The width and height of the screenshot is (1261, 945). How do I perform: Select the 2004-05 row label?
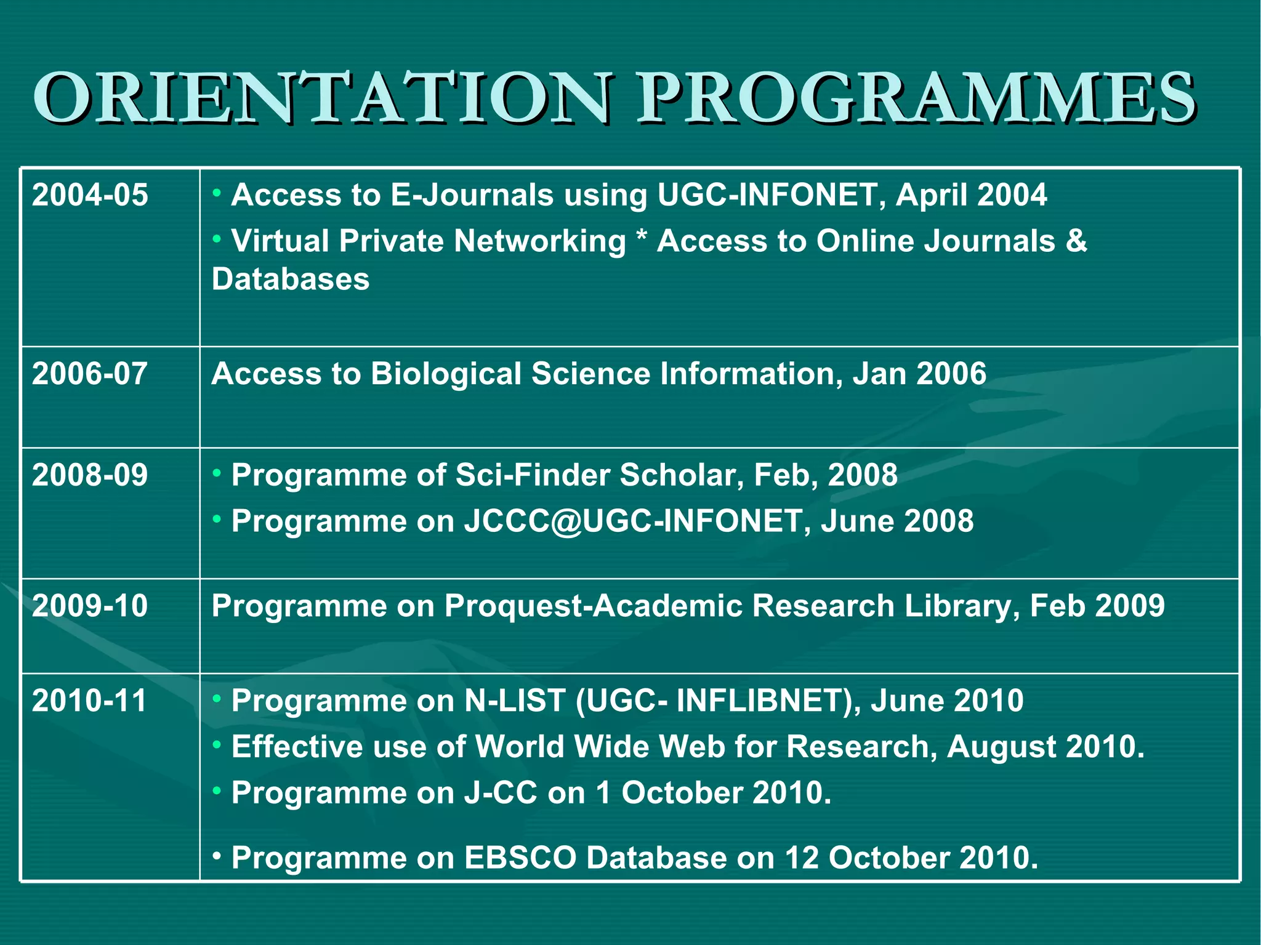coord(90,195)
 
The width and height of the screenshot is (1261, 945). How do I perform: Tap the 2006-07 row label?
coord(90,374)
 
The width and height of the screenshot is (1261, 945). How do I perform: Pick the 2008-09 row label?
coord(90,475)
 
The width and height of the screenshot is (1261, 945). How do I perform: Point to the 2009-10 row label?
coord(90,606)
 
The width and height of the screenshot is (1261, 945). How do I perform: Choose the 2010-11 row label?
coord(90,701)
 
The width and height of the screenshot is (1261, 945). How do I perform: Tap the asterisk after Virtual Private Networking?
coord(642,238)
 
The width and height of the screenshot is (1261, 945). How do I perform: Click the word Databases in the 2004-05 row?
coord(291,279)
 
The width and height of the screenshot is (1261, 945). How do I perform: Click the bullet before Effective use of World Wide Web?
coord(217,745)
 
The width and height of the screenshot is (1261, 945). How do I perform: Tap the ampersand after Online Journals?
coord(1076,241)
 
